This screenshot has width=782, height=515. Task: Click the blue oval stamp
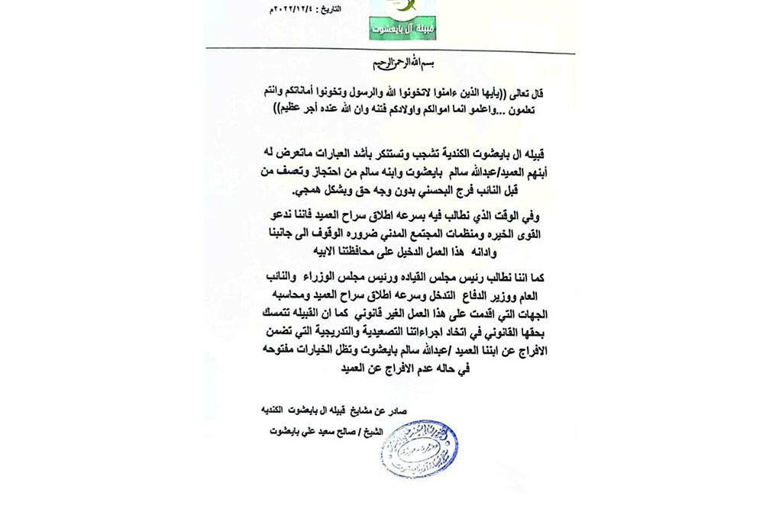pyautogui.click(x=419, y=448)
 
